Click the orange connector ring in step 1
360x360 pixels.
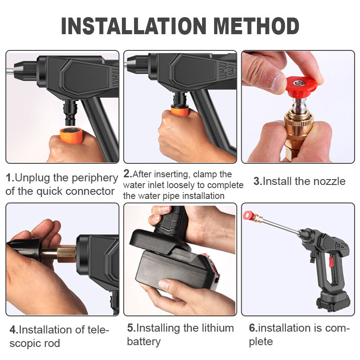click(x=71, y=135)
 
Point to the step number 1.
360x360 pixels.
click(x=9, y=178)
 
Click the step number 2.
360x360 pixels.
click(x=127, y=174)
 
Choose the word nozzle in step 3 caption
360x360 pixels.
click(x=327, y=181)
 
